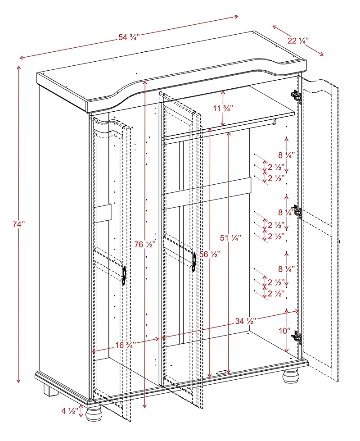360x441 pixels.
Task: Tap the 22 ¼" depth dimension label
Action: click(x=297, y=40)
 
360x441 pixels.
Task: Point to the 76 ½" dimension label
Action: click(x=145, y=245)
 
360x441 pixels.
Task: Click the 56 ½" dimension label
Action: click(x=210, y=255)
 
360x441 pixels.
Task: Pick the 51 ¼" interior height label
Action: click(x=230, y=237)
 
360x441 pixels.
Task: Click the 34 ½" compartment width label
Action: click(x=246, y=321)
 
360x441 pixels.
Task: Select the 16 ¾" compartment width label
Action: click(x=126, y=345)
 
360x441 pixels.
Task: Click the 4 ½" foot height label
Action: click(x=70, y=411)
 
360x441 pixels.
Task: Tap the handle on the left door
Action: click(x=123, y=274)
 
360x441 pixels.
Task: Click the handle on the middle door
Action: click(x=194, y=261)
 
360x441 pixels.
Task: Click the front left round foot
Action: click(x=94, y=411)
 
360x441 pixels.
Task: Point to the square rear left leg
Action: click(x=50, y=390)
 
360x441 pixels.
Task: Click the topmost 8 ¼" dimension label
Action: click(x=286, y=155)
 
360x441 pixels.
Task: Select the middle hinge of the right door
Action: click(x=297, y=212)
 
